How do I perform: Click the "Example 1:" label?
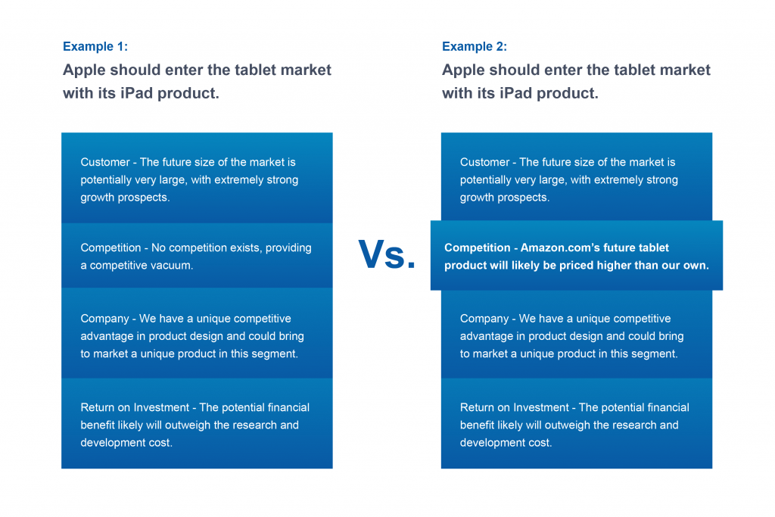[95, 46]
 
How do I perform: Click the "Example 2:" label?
[475, 46]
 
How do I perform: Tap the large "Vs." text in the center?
[387, 255]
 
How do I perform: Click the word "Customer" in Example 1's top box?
[105, 162]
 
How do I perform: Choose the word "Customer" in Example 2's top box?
[485, 162]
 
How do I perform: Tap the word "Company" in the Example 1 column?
[104, 319]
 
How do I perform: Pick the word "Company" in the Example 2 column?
[484, 319]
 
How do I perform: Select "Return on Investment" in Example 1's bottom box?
[135, 407]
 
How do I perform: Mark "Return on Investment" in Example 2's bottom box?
[515, 407]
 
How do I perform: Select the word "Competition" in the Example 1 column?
[110, 248]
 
